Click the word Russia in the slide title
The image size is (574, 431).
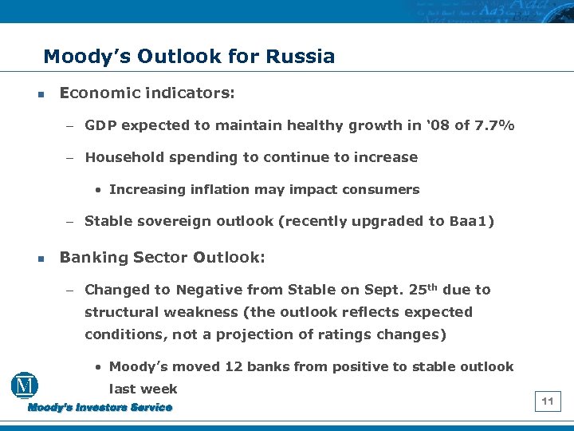click(301, 57)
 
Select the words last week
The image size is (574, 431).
click(143, 389)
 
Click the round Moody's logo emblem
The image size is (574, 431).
click(26, 386)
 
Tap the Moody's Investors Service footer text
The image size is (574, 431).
click(100, 408)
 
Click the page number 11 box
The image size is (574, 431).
click(548, 401)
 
